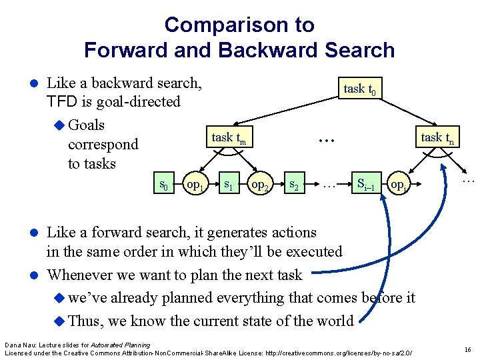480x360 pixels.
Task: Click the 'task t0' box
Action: [362, 88]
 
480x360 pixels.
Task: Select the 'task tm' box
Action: [229, 138]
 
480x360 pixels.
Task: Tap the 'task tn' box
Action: [437, 138]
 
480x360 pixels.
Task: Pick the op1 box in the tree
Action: [195, 183]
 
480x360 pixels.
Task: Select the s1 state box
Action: [229, 183]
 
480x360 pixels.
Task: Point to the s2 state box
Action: [293, 183]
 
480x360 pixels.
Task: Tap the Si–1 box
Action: [369, 183]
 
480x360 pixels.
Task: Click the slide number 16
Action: [467, 349]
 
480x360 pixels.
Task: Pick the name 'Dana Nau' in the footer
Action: [19, 345]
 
